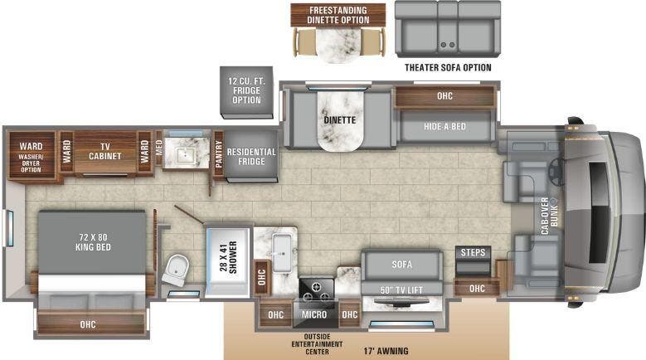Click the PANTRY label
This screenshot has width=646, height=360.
click(x=219, y=154)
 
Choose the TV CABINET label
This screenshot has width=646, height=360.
click(x=105, y=150)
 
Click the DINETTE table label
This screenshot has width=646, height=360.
click(x=339, y=119)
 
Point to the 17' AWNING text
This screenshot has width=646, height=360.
click(x=386, y=351)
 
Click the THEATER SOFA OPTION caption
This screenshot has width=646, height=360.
click(x=448, y=67)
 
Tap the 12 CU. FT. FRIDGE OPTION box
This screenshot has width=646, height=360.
click(x=245, y=90)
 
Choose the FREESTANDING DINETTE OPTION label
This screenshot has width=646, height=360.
click(x=338, y=15)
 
